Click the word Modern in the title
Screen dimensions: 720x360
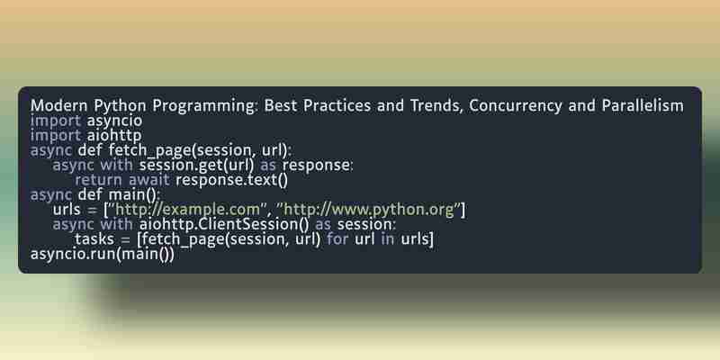[59, 105]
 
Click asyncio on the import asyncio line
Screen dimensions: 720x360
[115, 121]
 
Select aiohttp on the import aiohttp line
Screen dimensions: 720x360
[114, 136]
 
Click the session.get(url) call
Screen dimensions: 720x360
[196, 166]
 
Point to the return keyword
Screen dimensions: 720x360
[98, 180]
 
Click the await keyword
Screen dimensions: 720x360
[148, 180]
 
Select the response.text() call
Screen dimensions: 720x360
[232, 180]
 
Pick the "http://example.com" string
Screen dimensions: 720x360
[186, 210]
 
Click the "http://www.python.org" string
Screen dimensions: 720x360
[372, 210]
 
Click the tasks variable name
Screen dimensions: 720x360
[94, 239]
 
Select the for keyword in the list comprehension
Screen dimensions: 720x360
[337, 239]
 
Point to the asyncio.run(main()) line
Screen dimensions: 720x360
[103, 254]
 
